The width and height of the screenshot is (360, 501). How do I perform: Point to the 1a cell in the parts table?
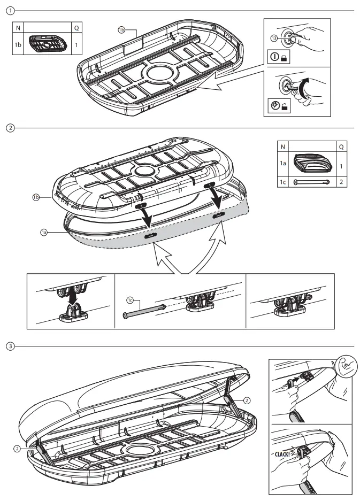284,166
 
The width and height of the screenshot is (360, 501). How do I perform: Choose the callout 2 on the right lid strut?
247,399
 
